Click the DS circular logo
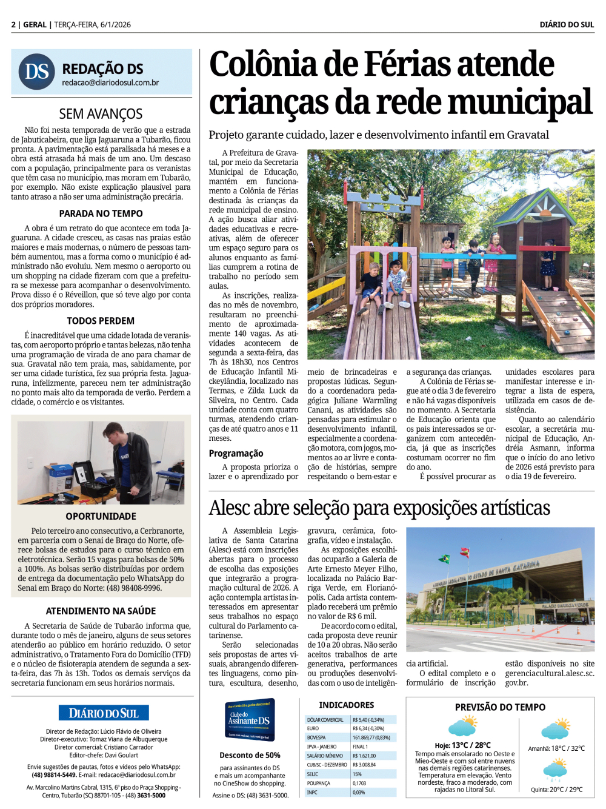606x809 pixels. click(37, 72)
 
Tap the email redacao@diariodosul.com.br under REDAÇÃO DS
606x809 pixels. click(110, 82)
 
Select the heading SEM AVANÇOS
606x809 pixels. click(101, 114)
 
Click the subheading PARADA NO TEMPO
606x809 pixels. click(101, 213)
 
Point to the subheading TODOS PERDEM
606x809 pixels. click(101, 321)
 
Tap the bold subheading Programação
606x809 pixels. click(236, 453)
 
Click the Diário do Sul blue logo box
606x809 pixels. click(104, 713)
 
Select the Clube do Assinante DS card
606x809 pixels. click(249, 719)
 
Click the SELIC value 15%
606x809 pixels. click(357, 774)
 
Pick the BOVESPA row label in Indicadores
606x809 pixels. click(316, 737)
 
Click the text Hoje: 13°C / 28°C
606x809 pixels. click(462, 745)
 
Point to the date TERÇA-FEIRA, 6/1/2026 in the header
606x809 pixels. click(92, 25)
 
